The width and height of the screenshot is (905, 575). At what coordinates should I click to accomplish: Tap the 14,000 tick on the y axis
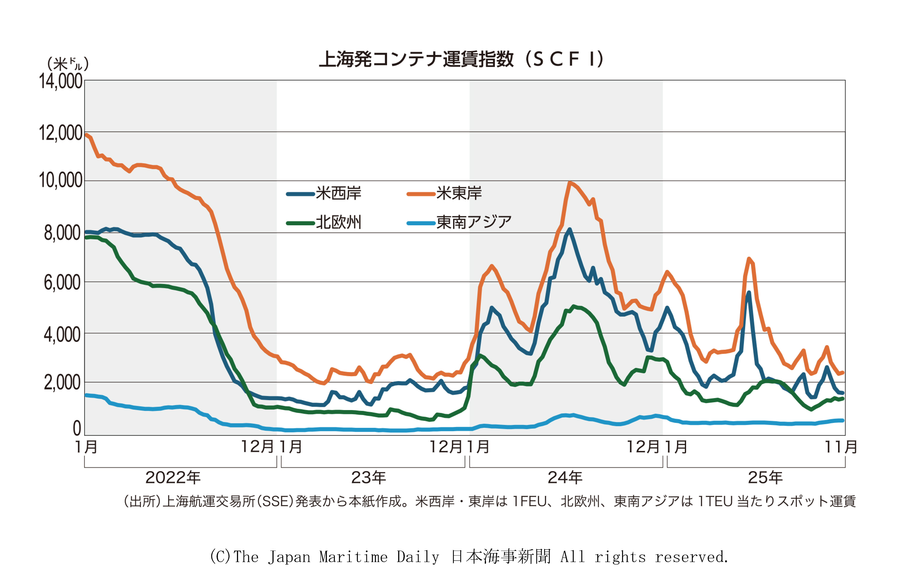61,81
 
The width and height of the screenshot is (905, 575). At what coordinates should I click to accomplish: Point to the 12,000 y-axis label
61,133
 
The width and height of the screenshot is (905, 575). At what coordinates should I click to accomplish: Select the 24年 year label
565,478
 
